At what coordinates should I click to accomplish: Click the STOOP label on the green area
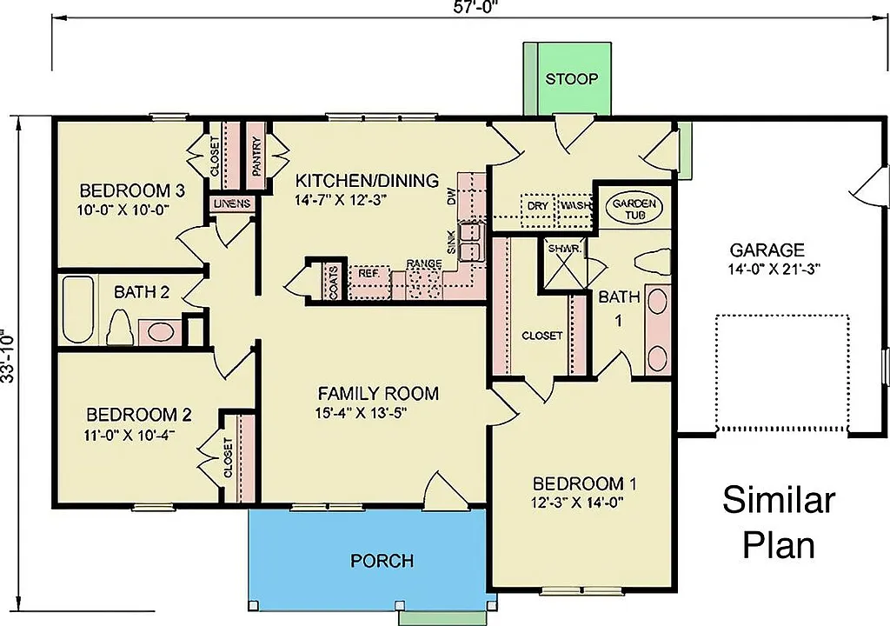click(571, 79)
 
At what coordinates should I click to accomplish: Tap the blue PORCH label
click(382, 561)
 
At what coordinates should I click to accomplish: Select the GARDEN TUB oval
click(634, 208)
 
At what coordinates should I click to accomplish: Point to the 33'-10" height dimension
click(10, 356)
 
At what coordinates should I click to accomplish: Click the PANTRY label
click(257, 156)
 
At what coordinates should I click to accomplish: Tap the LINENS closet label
click(231, 204)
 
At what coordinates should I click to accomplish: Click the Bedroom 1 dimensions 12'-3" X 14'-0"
click(578, 502)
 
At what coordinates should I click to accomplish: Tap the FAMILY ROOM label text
click(377, 393)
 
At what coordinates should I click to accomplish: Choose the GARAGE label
click(767, 250)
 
